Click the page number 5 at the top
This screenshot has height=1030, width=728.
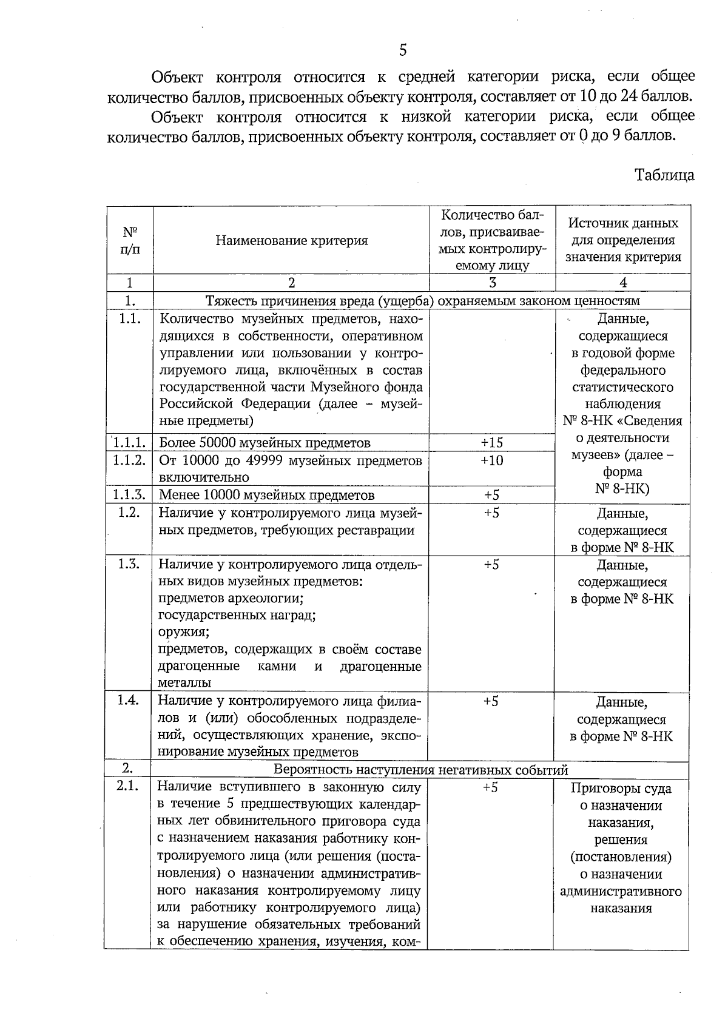403,50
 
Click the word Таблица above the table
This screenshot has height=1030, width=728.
664,175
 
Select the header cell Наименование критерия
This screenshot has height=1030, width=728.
291,241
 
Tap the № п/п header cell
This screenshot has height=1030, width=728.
130,241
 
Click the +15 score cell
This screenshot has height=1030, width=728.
491,443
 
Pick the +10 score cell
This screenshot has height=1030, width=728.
491,460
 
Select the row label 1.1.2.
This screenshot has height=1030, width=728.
129,460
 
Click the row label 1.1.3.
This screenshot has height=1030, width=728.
129,495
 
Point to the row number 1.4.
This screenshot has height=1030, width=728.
129,700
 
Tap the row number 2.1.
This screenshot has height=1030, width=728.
128,787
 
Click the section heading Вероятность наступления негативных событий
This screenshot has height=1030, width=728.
420,770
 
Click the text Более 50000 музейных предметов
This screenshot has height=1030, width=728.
265,443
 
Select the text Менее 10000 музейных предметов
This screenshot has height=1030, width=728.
266,496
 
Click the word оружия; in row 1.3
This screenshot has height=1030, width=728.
184,631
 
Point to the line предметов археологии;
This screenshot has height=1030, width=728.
231,598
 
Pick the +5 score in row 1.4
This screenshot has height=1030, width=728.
491,701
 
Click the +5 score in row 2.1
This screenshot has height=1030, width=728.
490,787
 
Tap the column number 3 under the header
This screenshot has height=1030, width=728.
492,283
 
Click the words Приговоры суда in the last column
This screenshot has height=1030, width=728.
621,789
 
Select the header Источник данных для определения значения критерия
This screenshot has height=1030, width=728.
623,240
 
